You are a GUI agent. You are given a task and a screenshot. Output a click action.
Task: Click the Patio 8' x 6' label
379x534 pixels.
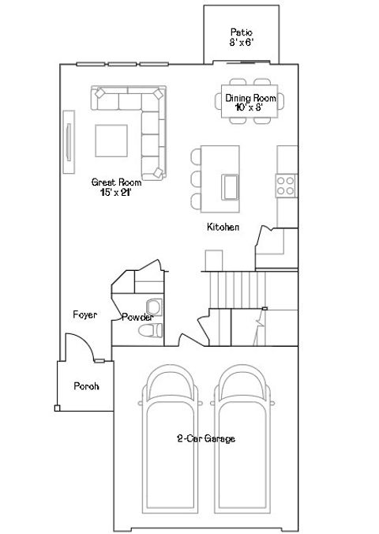242,37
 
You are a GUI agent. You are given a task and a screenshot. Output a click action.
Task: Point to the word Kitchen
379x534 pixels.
223,228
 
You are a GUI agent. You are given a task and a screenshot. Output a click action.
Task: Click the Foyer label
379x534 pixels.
84,314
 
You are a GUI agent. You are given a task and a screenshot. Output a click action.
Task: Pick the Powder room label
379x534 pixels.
137,318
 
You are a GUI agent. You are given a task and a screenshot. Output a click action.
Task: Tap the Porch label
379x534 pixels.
85,386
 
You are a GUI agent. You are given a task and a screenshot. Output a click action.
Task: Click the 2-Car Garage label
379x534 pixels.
205,438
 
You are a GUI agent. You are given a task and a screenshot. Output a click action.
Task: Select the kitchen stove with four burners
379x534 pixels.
284,186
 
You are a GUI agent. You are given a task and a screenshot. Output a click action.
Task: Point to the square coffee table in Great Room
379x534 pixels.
112,141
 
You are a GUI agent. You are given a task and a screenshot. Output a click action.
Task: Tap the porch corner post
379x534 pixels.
57,408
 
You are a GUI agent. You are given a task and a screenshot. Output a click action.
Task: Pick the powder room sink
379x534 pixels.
153,306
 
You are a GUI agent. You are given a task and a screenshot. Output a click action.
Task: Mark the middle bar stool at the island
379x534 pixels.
194,177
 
